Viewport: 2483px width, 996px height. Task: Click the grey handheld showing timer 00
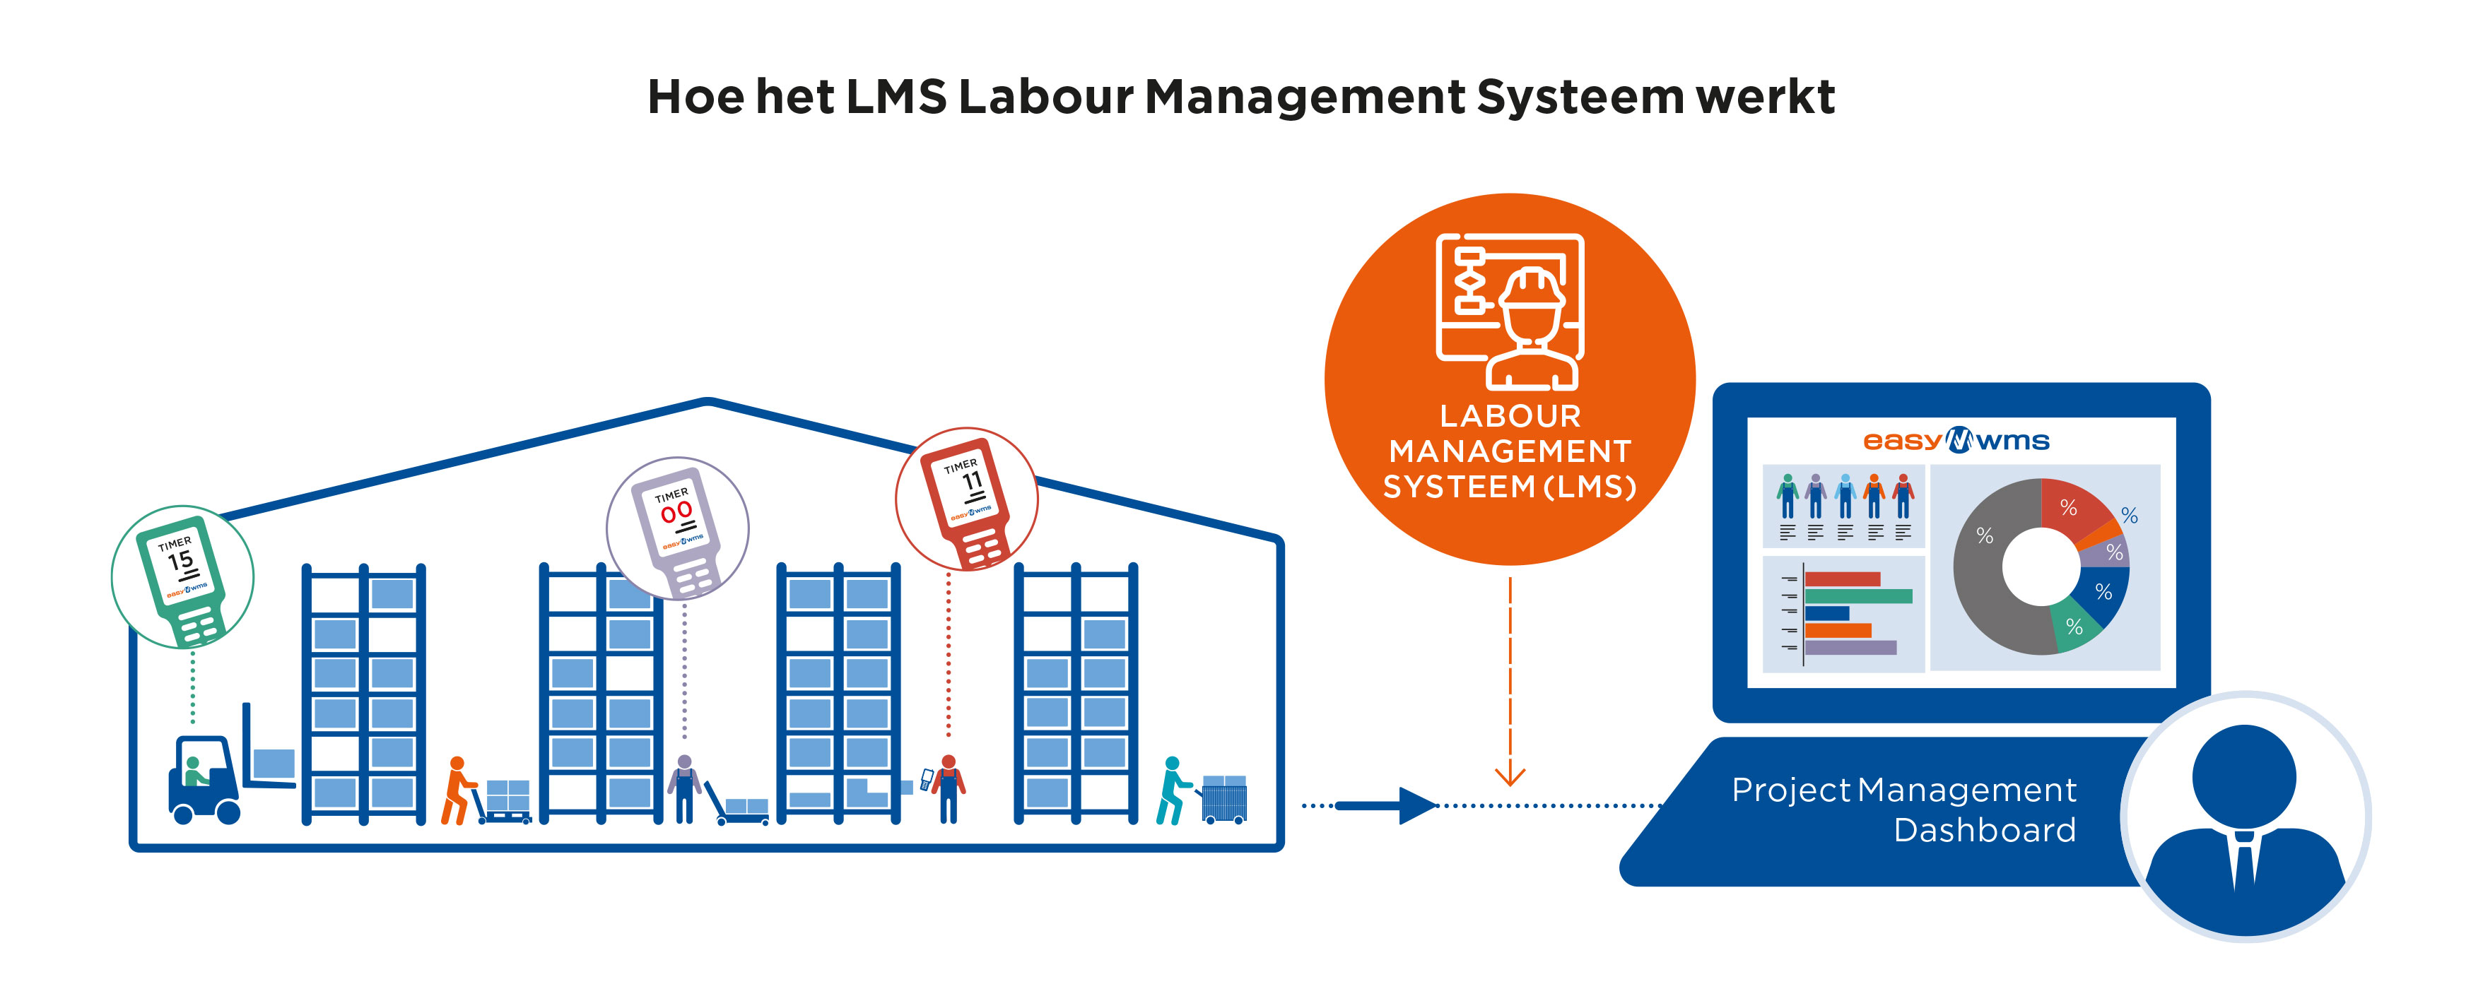[x=678, y=530]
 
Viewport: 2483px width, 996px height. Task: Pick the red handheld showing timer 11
[x=968, y=501]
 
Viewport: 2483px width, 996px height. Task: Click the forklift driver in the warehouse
[x=194, y=771]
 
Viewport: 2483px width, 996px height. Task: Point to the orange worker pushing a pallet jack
[x=457, y=790]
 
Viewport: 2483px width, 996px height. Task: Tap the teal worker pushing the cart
[x=1171, y=790]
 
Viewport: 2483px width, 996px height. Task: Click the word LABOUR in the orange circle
[x=1510, y=416]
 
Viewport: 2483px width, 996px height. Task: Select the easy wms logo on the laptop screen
[x=1956, y=441]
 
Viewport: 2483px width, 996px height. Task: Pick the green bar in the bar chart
[x=1857, y=596]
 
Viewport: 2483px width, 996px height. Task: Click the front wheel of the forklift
[x=228, y=812]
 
